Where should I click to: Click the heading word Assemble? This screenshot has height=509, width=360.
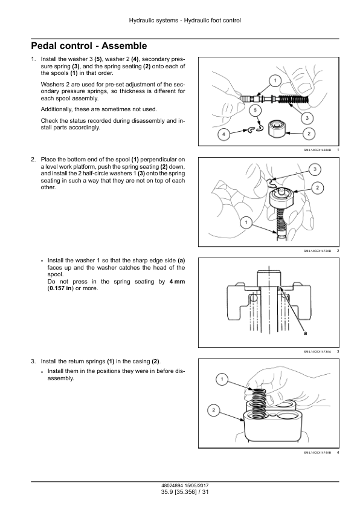coord(124,46)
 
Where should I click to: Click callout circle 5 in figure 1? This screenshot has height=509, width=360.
coord(256,111)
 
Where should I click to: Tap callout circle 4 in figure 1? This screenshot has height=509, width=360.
coord(223,134)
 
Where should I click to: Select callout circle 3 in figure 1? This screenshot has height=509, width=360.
coord(307,118)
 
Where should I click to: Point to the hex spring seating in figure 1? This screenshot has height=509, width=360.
coord(276,129)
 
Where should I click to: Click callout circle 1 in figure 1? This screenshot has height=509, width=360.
coord(275,80)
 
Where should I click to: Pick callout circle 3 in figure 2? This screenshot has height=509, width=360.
coord(315,169)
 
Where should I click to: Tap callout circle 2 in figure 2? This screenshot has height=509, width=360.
coord(317,187)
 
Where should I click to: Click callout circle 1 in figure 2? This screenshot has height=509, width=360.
coord(246,222)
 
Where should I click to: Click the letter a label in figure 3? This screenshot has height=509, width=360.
coord(305,333)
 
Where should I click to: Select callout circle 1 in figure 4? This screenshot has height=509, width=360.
coord(222,379)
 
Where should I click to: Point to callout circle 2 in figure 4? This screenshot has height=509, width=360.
coord(213,410)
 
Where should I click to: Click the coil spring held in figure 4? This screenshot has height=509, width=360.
coord(259,402)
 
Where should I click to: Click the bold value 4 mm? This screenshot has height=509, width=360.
coord(177,282)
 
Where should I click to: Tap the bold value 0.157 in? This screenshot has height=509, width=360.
coord(60,288)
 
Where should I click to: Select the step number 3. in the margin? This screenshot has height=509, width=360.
coord(33,361)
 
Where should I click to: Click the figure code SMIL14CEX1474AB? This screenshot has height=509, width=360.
coord(317,453)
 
